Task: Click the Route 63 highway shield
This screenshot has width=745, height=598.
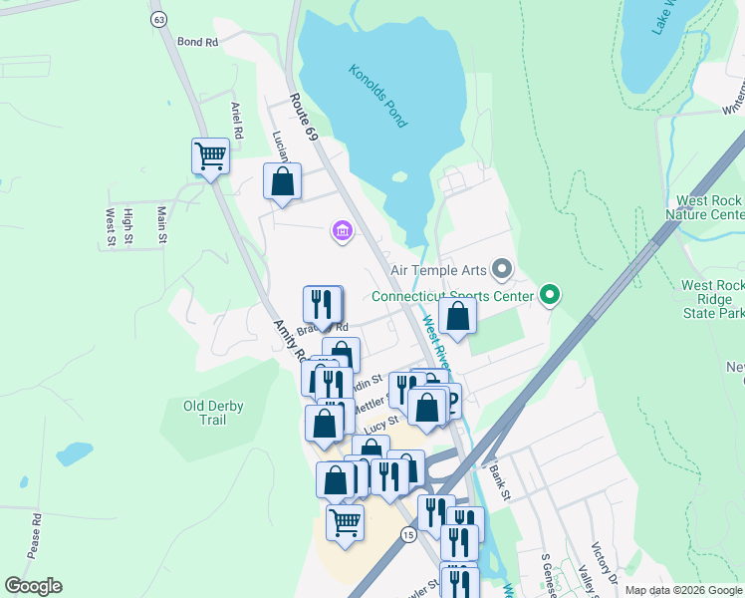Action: [158, 19]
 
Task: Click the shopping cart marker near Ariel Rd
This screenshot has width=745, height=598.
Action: [210, 155]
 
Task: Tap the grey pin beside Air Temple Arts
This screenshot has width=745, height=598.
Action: [501, 269]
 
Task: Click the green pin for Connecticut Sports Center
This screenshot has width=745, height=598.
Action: [549, 295]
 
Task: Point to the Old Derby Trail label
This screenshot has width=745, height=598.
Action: [212, 413]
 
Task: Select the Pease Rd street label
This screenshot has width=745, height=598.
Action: [37, 534]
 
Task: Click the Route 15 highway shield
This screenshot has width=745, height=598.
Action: [408, 535]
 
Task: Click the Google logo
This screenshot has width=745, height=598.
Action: [33, 586]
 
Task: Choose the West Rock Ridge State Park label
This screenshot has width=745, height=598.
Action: [711, 299]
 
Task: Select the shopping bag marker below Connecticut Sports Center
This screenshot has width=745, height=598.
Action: [457, 315]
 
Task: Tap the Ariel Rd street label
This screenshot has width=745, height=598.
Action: [237, 120]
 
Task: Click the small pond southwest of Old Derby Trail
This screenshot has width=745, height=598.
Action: [74, 453]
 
